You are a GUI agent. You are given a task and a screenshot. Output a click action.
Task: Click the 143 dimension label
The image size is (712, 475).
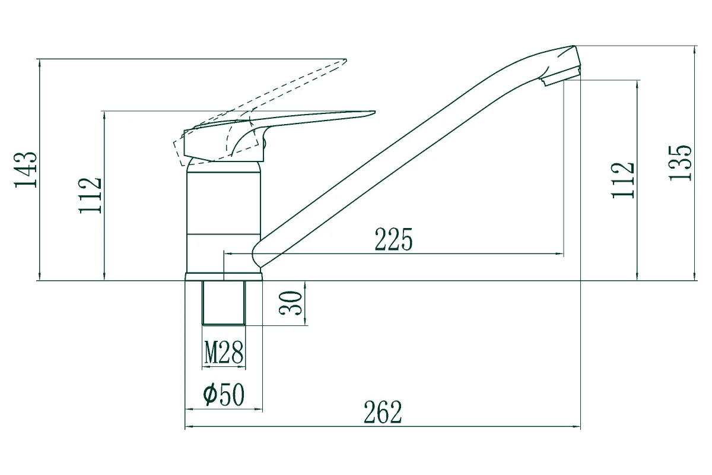pyautogui.click(x=26, y=170)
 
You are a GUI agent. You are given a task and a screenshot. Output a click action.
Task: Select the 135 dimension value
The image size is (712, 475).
pyautogui.click(x=680, y=163)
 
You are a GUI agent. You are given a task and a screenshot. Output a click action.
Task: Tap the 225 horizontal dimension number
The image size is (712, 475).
pyautogui.click(x=393, y=239)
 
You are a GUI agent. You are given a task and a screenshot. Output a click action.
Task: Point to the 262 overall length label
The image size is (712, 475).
pyautogui.click(x=383, y=412)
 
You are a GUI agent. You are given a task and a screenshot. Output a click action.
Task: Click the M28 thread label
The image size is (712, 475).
pyautogui.click(x=224, y=352)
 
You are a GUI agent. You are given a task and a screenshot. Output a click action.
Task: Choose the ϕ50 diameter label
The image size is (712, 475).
pyautogui.click(x=224, y=394)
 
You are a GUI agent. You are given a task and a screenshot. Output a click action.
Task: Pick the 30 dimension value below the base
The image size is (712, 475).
pyautogui.click(x=290, y=303)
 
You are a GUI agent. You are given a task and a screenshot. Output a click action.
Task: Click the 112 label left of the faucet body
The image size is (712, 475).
pyautogui.click(x=90, y=195)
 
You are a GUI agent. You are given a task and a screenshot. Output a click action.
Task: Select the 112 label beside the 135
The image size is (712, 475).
pyautogui.click(x=623, y=180)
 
